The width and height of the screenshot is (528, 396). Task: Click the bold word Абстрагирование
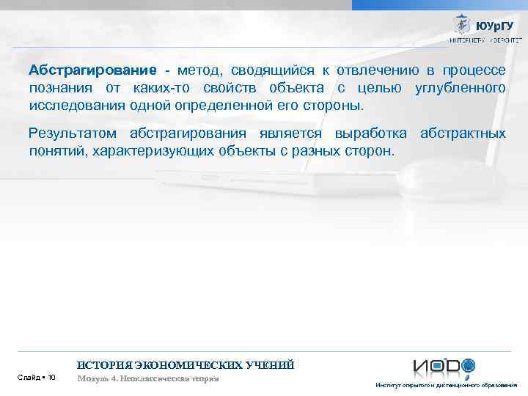(92, 70)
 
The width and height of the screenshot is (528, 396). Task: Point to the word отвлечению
(377, 70)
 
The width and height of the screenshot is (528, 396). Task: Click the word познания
(59, 88)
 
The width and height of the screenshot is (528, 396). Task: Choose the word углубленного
(461, 88)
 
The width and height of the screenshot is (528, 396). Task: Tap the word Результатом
(72, 134)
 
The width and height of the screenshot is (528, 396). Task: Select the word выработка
(372, 134)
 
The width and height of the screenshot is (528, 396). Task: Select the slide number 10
(51, 378)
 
